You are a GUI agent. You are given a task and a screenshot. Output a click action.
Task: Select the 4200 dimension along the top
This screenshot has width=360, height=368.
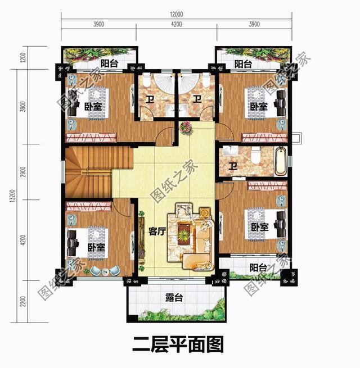tap(176, 25)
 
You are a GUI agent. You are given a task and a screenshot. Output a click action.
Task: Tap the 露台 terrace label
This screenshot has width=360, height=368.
tap(174, 297)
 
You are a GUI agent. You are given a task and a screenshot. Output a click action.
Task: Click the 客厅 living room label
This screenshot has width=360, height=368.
tap(157, 231)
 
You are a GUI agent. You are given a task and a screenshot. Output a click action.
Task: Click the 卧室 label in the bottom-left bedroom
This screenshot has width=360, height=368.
tap(96, 247)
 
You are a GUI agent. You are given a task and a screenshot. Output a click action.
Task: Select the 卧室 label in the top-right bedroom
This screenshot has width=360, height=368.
tap(259, 106)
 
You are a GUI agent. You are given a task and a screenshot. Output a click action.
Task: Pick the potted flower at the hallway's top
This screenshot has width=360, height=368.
tap(185, 129)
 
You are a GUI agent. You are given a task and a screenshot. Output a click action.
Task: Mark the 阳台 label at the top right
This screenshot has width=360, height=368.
tap(243, 63)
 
